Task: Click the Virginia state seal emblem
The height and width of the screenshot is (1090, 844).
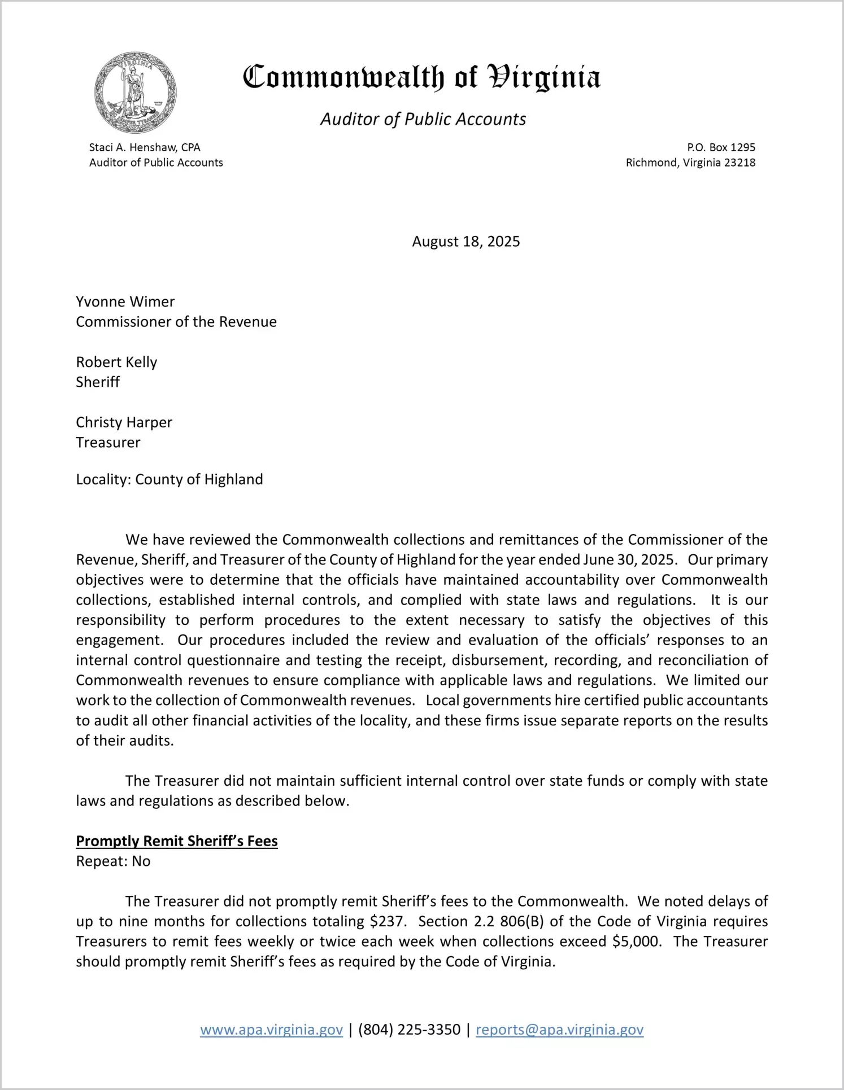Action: coord(135,93)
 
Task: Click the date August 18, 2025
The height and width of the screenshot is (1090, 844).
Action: coord(465,242)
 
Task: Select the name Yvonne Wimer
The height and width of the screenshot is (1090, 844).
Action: coord(125,301)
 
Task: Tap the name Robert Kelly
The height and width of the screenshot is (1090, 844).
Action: coord(116,362)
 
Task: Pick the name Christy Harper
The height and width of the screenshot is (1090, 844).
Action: coord(124,422)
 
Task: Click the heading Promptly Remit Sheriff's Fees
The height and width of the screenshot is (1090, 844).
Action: coord(177,841)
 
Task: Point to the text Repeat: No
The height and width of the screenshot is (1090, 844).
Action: coord(113,861)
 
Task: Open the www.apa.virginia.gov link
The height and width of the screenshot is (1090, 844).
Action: coord(271,1030)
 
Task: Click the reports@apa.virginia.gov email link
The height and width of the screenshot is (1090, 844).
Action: coord(559,1030)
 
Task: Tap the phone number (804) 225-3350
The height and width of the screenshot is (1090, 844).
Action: coord(409,1030)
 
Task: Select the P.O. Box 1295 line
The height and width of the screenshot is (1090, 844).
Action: coord(721,147)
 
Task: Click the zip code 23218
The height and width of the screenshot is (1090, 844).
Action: coord(739,163)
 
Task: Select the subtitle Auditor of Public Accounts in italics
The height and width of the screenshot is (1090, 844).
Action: coord(423,119)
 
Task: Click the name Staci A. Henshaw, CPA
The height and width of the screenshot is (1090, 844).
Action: coord(145,147)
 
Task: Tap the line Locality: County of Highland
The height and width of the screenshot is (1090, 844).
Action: coord(169,479)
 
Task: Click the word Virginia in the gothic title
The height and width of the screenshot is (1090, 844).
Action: coord(543,77)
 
